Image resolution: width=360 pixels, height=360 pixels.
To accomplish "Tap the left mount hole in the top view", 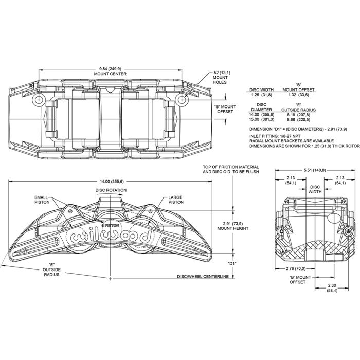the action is [39, 100].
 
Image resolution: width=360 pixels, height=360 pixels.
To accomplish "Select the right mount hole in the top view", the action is [182, 100].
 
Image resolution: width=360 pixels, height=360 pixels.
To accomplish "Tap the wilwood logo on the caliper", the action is [111, 236].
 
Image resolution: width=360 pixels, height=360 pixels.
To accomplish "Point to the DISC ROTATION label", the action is [111, 190].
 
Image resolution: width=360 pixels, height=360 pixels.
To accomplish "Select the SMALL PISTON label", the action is [42, 200].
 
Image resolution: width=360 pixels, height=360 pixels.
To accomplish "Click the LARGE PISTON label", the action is [176, 200].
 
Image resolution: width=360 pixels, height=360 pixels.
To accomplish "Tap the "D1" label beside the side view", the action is [232, 263].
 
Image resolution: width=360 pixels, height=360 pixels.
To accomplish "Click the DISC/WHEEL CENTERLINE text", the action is [203, 277].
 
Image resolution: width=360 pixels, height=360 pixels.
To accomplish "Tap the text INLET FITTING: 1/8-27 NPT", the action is [275, 136].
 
